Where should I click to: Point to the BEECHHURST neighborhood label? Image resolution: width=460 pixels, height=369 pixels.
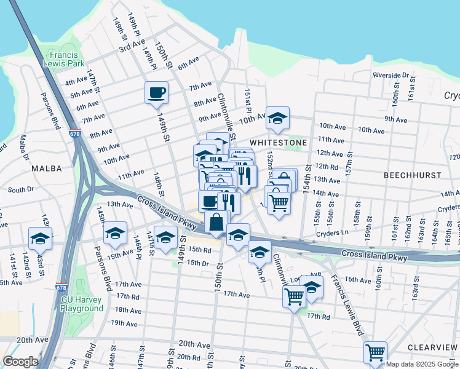click(412, 175)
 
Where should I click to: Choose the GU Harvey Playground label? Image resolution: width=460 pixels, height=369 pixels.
click(82, 304)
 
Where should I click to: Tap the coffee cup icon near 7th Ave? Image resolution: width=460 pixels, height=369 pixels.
click(156, 92)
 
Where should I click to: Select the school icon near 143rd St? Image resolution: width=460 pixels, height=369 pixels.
click(41, 238)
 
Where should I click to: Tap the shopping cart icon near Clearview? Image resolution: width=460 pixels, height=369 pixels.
click(375, 352)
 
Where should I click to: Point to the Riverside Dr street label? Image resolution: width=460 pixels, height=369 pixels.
click(391, 75)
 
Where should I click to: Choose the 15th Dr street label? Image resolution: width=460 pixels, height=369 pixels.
click(199, 263)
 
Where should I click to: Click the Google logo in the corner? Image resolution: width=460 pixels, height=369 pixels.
click(21, 362)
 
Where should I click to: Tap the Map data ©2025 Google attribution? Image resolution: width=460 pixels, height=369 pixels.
click(422, 363)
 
